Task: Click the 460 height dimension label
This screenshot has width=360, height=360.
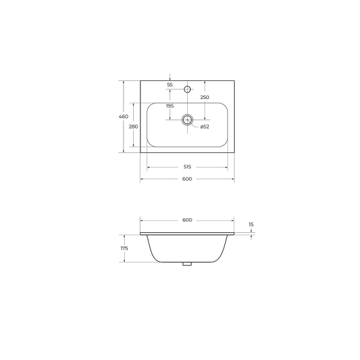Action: (123, 116)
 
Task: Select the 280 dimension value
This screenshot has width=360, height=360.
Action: (133, 127)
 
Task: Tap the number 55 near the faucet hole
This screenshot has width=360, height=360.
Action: (170, 85)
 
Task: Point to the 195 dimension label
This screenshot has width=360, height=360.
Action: (169, 106)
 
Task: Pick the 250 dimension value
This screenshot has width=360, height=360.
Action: (205, 97)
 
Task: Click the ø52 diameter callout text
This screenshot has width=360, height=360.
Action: (204, 127)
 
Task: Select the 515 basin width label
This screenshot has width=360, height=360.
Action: (187, 167)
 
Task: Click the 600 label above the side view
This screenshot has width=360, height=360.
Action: (187, 220)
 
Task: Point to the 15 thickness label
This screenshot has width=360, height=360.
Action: (251, 224)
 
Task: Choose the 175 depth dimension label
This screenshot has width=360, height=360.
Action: (125, 248)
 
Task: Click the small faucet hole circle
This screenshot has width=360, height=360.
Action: (187, 90)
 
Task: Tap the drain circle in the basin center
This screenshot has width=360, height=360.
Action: (188, 119)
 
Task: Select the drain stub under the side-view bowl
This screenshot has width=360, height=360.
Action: (187, 263)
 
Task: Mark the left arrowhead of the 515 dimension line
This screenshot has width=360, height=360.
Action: (149, 167)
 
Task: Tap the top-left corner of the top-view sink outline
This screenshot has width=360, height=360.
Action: (140, 81)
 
